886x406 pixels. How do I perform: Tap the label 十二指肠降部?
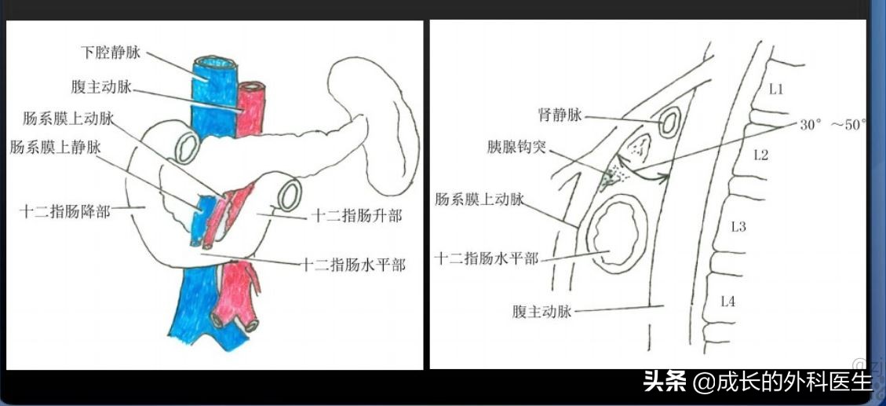tap(65, 211)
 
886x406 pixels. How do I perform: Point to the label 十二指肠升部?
tap(356, 215)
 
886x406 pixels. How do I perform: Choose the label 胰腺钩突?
tap(516, 147)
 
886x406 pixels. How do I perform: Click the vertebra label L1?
tap(775, 90)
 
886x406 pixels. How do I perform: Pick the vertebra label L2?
tap(761, 155)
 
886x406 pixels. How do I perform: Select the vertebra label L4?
tap(727, 300)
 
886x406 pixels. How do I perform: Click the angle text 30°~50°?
tap(833, 124)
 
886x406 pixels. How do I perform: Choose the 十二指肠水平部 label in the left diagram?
tap(354, 265)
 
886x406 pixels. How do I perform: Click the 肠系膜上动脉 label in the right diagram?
tap(479, 199)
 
